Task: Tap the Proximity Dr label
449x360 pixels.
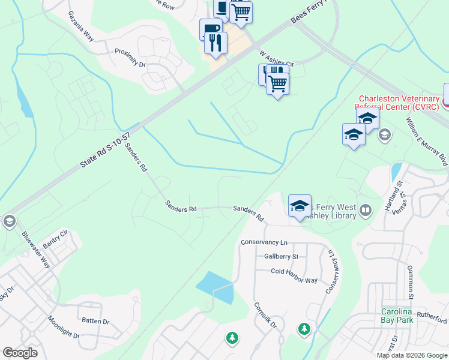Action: (x=130, y=55)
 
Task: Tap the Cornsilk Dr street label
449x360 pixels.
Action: (x=264, y=314)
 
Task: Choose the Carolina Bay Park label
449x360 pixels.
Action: (x=396, y=316)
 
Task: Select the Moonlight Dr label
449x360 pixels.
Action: (x=64, y=328)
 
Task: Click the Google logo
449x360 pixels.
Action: (x=20, y=353)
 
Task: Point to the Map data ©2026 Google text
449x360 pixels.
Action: (x=411, y=355)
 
